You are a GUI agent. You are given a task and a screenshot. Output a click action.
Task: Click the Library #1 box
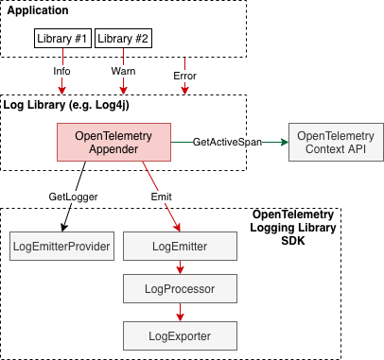point(62,39)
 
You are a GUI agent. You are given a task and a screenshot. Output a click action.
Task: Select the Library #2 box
point(123,39)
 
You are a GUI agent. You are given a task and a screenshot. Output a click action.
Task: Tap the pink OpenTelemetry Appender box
point(113,142)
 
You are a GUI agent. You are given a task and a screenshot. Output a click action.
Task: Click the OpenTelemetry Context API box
point(336,142)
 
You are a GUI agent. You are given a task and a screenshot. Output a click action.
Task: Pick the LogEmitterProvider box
point(61,247)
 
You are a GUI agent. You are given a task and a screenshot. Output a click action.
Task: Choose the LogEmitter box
point(180,247)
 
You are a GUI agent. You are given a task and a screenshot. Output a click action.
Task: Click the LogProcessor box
point(180,289)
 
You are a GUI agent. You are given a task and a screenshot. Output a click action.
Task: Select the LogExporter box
point(180,336)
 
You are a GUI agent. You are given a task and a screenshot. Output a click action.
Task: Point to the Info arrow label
point(61,71)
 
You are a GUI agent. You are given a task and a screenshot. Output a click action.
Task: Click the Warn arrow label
point(123,71)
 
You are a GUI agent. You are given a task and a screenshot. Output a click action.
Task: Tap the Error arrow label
point(184,76)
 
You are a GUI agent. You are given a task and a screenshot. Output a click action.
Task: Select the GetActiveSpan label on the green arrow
point(227,142)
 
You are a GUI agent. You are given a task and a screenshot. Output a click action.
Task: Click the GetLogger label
point(73,197)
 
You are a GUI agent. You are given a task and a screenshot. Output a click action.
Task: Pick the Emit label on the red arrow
point(161,197)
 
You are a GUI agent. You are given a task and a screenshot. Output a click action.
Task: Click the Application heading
point(38,10)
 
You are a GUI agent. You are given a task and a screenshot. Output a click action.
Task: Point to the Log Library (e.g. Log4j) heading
point(66,105)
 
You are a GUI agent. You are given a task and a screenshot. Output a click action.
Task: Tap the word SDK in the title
point(293,241)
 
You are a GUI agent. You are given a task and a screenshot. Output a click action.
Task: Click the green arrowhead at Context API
point(285,142)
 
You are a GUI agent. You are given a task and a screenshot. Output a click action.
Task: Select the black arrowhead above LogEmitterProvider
point(64,228)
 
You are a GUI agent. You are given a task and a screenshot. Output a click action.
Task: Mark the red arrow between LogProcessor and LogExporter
point(180,313)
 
